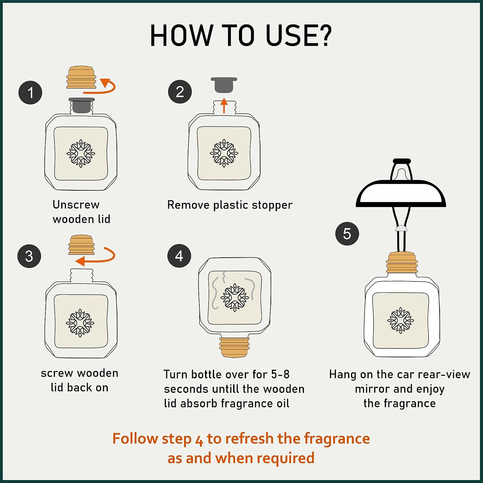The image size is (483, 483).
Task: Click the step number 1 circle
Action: click(x=30, y=93)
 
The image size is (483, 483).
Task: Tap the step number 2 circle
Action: click(x=180, y=92)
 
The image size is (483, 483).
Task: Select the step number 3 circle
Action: click(x=29, y=256)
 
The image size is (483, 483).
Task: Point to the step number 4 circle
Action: click(x=179, y=256)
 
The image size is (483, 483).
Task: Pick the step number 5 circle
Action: click(x=347, y=234)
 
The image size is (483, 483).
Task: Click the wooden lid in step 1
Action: click(x=81, y=77)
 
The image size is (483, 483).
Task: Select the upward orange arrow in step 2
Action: click(x=224, y=106)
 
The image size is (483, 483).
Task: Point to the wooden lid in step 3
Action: click(x=81, y=245)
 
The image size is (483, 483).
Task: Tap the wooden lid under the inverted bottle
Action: click(x=234, y=347)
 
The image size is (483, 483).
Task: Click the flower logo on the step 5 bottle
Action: click(x=401, y=320)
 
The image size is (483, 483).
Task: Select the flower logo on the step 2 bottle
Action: click(x=224, y=153)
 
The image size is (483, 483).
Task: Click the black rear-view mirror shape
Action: click(x=401, y=194)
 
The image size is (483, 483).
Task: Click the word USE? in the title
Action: click(x=298, y=35)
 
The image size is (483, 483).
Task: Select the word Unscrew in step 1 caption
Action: click(x=76, y=204)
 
